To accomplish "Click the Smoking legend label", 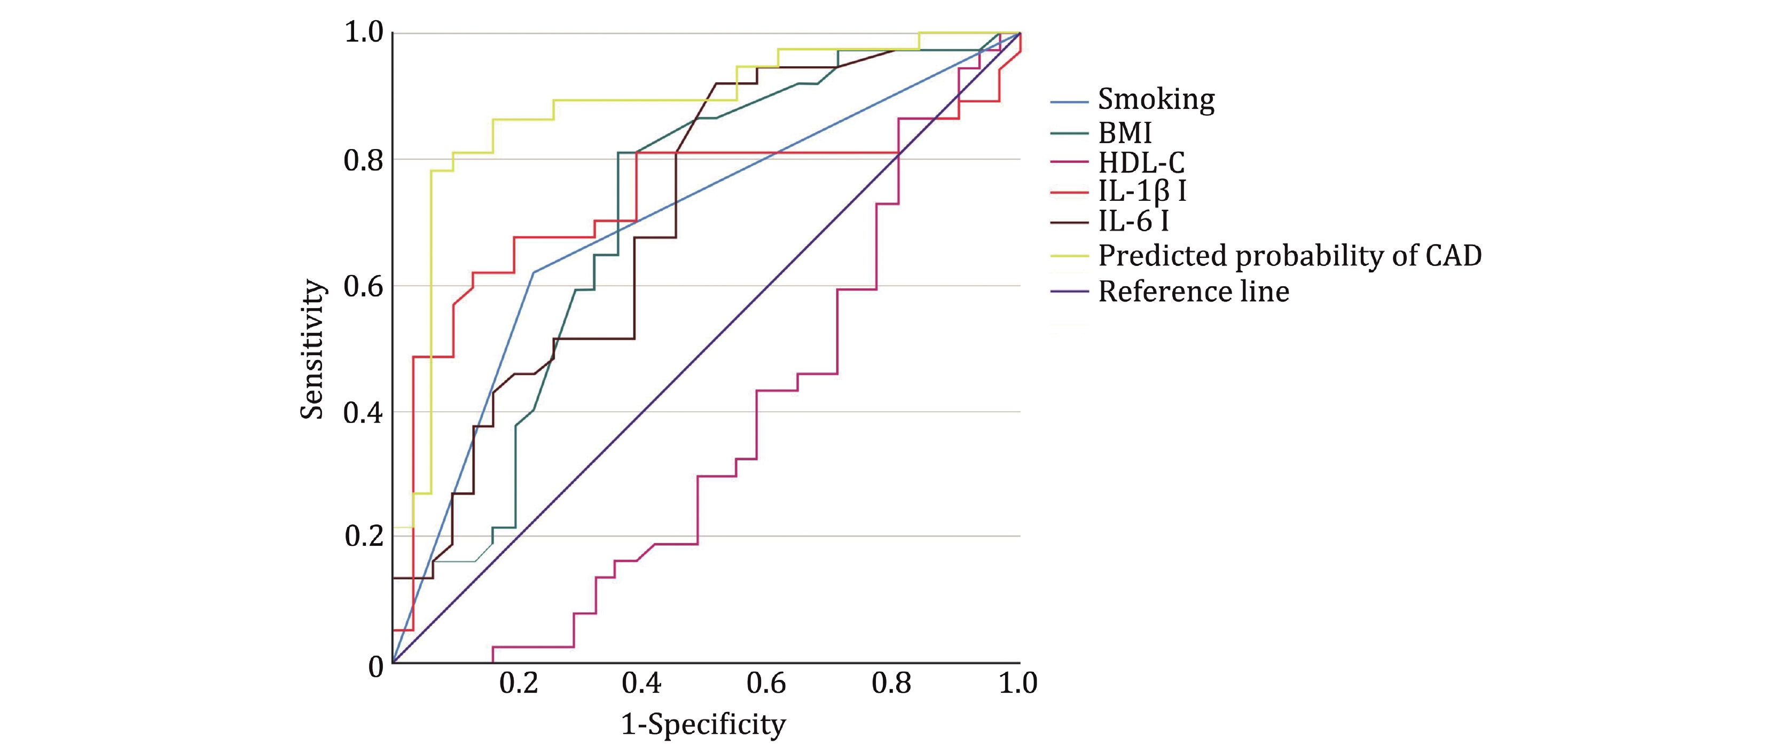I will click(x=1156, y=100).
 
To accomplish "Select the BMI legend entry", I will click(x=1125, y=132).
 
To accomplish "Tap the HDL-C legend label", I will click(x=1141, y=162).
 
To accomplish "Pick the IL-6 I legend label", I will click(x=1133, y=222).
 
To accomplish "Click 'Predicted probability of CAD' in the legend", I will click(x=1290, y=255).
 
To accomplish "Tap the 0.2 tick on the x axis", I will click(x=518, y=684).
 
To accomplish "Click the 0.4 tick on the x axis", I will click(x=641, y=684).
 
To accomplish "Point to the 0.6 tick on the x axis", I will click(x=766, y=684).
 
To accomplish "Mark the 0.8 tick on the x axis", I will click(x=891, y=684).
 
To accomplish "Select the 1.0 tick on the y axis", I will click(x=364, y=32).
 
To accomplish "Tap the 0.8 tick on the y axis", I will click(x=364, y=160).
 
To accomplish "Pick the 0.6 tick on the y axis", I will click(x=364, y=286).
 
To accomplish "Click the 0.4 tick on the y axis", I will click(x=364, y=412).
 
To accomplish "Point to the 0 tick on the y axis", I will click(x=376, y=666).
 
